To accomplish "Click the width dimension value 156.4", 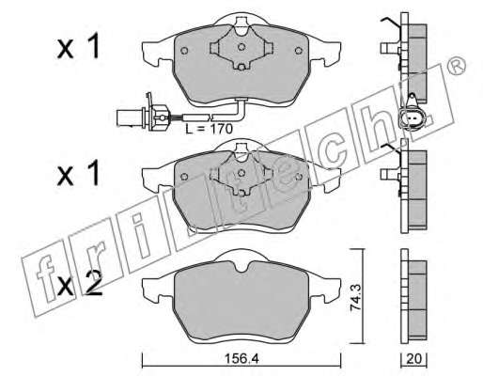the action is coord(241,359).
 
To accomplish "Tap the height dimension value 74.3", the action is coord(355,297).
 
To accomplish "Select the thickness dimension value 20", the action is coord(413,359).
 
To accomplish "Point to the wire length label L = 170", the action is coord(209,129).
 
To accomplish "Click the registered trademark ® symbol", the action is coord(457,66).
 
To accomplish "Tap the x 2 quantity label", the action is coord(80,283).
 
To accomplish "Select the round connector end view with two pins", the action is coord(411,117).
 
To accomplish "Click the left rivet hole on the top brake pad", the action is coord(184,51).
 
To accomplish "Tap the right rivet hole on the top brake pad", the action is coord(299,50).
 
